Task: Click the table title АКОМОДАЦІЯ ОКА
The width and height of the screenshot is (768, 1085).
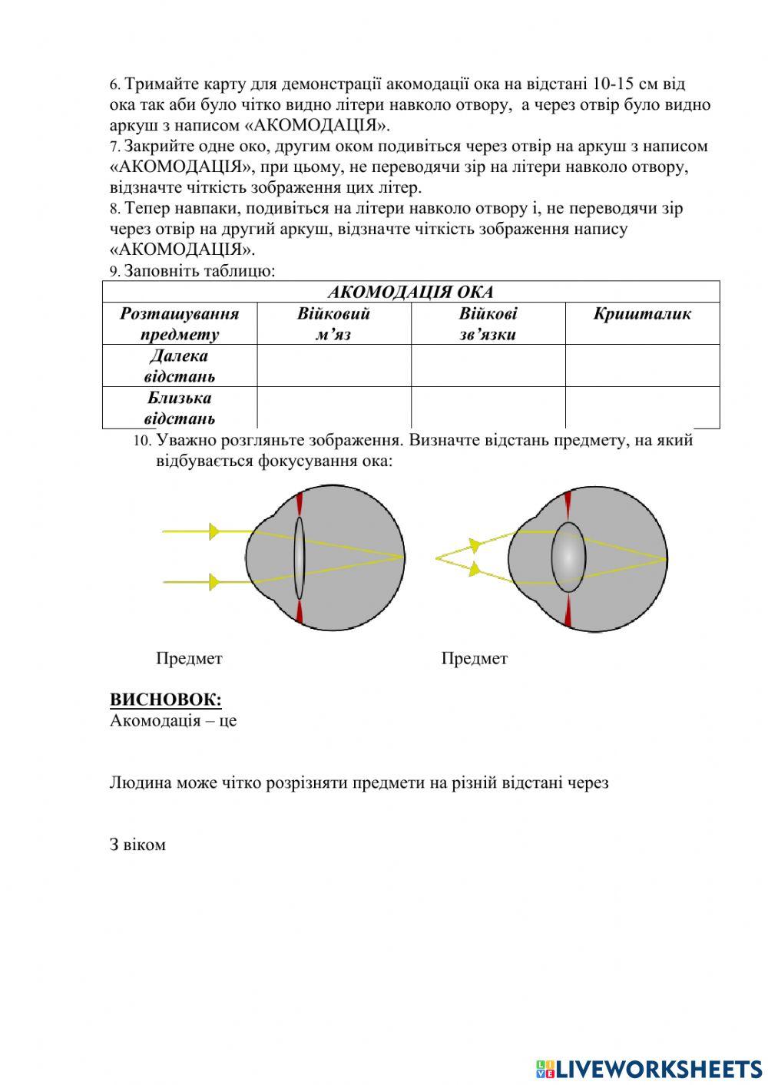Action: pyautogui.click(x=411, y=292)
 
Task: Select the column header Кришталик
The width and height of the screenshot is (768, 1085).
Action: pyautogui.click(x=642, y=313)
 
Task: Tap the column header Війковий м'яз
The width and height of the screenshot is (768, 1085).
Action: pyautogui.click(x=333, y=323)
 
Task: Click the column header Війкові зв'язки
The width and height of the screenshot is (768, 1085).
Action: pyautogui.click(x=488, y=323)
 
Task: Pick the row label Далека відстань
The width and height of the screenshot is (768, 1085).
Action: pyautogui.click(x=179, y=366)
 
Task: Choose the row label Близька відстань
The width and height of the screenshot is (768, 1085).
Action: pyautogui.click(x=179, y=408)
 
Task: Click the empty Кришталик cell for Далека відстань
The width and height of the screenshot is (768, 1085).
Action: pyautogui.click(x=642, y=366)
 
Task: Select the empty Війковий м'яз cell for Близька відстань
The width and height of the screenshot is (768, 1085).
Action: pyautogui.click(x=333, y=408)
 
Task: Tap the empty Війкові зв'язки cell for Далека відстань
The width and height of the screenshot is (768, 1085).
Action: pyautogui.click(x=488, y=366)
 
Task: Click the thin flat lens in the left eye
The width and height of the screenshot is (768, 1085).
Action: pyautogui.click(x=298, y=557)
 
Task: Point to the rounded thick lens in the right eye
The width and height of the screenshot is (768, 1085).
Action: pyautogui.click(x=568, y=557)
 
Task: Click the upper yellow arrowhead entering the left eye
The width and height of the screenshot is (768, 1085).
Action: pyautogui.click(x=214, y=531)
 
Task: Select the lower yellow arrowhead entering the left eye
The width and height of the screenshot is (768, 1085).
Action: pyautogui.click(x=214, y=583)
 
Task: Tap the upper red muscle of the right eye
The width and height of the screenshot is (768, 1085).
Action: pyautogui.click(x=568, y=505)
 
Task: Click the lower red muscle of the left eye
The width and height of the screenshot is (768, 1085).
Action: pyautogui.click(x=299, y=612)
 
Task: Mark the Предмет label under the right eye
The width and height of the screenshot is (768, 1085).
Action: pyautogui.click(x=474, y=658)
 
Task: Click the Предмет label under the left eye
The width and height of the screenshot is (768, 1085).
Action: pyautogui.click(x=189, y=658)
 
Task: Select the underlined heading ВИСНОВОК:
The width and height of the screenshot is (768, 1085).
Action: pyautogui.click(x=165, y=700)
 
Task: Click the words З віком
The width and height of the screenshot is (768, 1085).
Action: pyautogui.click(x=137, y=845)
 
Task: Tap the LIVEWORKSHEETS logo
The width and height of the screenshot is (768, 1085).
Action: pyautogui.click(x=648, y=1068)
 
